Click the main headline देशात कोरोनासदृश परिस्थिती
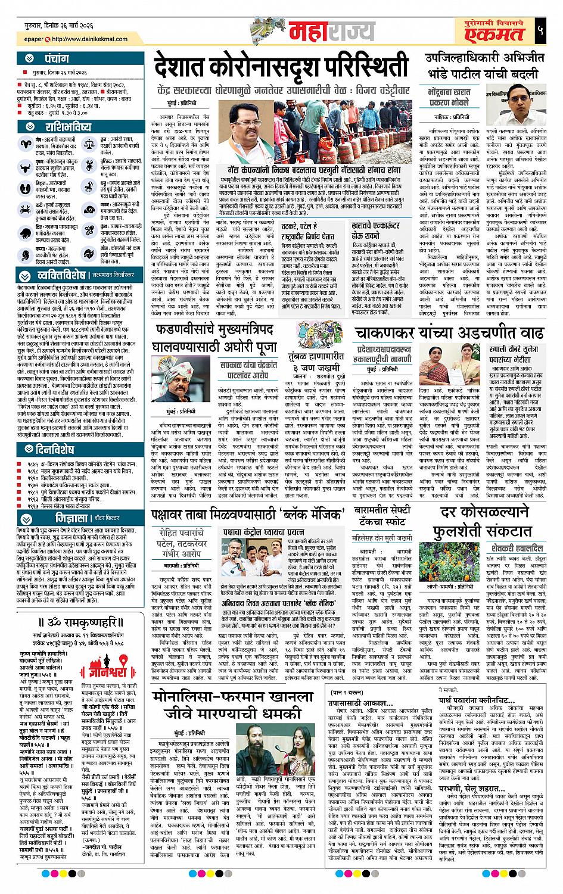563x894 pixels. (x=280, y=66)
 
